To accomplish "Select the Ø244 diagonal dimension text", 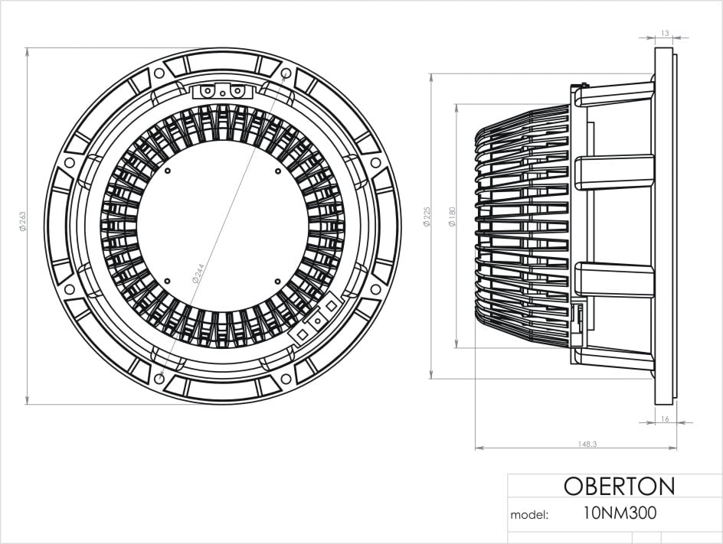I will [x=198, y=273].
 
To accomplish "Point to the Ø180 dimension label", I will [x=452, y=216].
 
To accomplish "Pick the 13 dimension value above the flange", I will [x=664, y=33].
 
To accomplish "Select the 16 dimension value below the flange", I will [x=664, y=419].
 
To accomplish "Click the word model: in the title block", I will [x=529, y=515].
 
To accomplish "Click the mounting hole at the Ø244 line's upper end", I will [x=286, y=74].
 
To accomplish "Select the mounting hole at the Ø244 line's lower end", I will [x=159, y=378].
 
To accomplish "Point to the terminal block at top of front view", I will [x=222, y=91].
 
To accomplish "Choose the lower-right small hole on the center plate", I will [x=276, y=280].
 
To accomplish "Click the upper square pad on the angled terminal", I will [x=331, y=305].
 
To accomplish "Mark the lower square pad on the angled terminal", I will [x=303, y=334].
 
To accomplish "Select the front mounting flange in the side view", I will [x=665, y=226].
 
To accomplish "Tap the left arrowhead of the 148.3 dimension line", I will [x=477, y=448].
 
